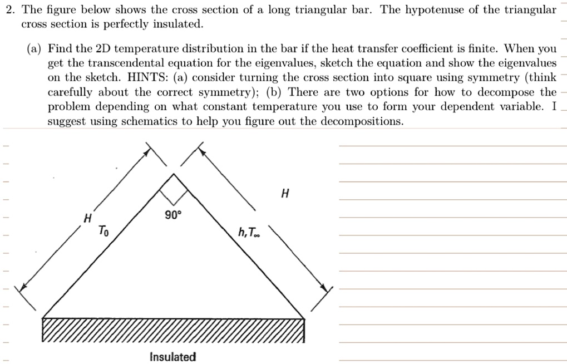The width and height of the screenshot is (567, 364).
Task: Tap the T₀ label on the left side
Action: click(103, 230)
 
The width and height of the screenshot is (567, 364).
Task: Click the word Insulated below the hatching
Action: click(172, 357)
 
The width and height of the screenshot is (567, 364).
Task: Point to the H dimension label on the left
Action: click(87, 219)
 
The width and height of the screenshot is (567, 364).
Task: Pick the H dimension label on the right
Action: click(285, 194)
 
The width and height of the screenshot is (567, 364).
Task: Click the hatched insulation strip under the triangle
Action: click(174, 330)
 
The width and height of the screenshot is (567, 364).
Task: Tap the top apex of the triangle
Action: click(174, 174)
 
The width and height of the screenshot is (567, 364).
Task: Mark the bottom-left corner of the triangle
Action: click(43, 318)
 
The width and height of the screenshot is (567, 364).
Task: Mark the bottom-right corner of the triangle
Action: click(304, 318)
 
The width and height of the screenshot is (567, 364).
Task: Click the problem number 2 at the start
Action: click(8, 11)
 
